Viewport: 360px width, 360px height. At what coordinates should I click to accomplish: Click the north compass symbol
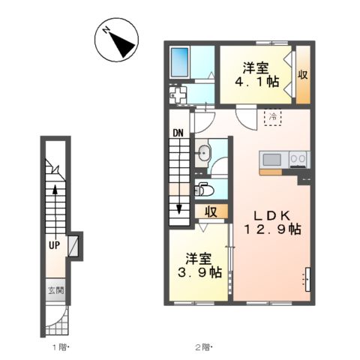[x=116, y=40]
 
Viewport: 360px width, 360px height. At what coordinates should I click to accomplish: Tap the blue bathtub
[x=179, y=62]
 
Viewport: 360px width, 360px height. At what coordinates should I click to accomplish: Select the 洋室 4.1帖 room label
[x=256, y=75]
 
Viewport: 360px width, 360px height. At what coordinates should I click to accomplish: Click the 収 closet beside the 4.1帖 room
[x=303, y=74]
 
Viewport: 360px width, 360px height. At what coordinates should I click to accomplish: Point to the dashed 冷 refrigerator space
[x=273, y=117]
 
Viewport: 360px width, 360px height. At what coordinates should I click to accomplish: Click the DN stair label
[x=178, y=133]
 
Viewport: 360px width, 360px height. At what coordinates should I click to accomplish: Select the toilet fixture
[x=204, y=190]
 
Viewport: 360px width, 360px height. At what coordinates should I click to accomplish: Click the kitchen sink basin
[x=272, y=160]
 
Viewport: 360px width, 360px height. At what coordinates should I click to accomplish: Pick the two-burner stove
[x=299, y=159]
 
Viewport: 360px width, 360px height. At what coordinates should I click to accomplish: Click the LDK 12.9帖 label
[x=272, y=222]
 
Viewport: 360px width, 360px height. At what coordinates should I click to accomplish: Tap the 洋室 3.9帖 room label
[x=199, y=265]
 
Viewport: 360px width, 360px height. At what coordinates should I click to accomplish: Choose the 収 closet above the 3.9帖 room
[x=211, y=211]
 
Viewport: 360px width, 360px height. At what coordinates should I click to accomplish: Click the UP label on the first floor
[x=54, y=245]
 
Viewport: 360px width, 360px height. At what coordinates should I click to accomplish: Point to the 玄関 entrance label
[x=56, y=290]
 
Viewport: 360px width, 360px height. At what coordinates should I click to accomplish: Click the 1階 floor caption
[x=60, y=346]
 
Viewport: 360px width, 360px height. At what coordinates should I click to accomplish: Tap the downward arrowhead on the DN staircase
[x=179, y=209]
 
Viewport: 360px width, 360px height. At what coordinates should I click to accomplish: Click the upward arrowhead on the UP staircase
[x=55, y=189]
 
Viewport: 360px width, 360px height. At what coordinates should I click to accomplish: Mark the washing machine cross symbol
[x=178, y=95]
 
